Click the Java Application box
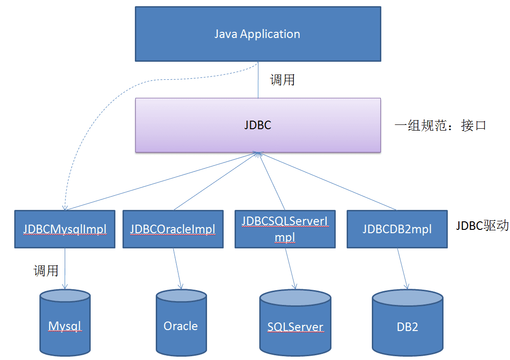coord(258,34)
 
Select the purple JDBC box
coord(258,125)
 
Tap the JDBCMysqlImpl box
coord(65,229)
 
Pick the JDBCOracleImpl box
coord(173,229)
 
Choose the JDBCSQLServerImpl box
coord(285,229)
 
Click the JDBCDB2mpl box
coord(397,229)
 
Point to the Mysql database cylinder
coord(65,326)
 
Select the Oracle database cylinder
coord(181,326)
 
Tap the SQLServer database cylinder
coord(295,327)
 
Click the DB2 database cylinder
coord(407,327)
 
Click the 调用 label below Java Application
coord(283,80)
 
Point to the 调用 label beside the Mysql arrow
coord(46,271)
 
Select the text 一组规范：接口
coord(440,125)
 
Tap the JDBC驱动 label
coord(482,225)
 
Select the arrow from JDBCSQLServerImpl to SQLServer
coord(290,268)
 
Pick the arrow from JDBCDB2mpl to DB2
coord(402,268)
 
